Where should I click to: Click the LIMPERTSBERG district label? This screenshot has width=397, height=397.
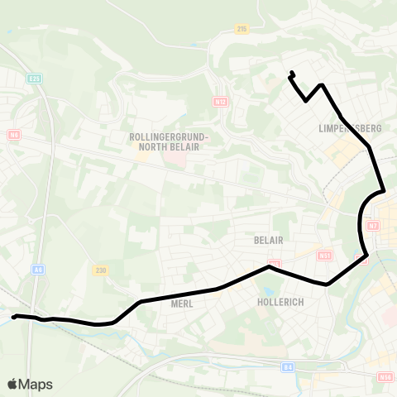coord(349,129)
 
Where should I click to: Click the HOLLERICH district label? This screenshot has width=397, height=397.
coord(280,303)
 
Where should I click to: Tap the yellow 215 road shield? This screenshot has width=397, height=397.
coord(242,29)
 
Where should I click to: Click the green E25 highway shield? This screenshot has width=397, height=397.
coord(34,79)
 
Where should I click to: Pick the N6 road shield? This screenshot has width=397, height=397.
coord(13,134)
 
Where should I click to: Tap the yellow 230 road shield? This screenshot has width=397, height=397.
coord(101,270)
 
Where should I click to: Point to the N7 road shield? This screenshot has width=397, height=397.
coord(372,226)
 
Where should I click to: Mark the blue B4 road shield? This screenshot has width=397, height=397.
coord(288,366)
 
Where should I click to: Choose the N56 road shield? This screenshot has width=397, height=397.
coord(385,377)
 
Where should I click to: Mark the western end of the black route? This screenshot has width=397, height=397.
coord(14,317)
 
